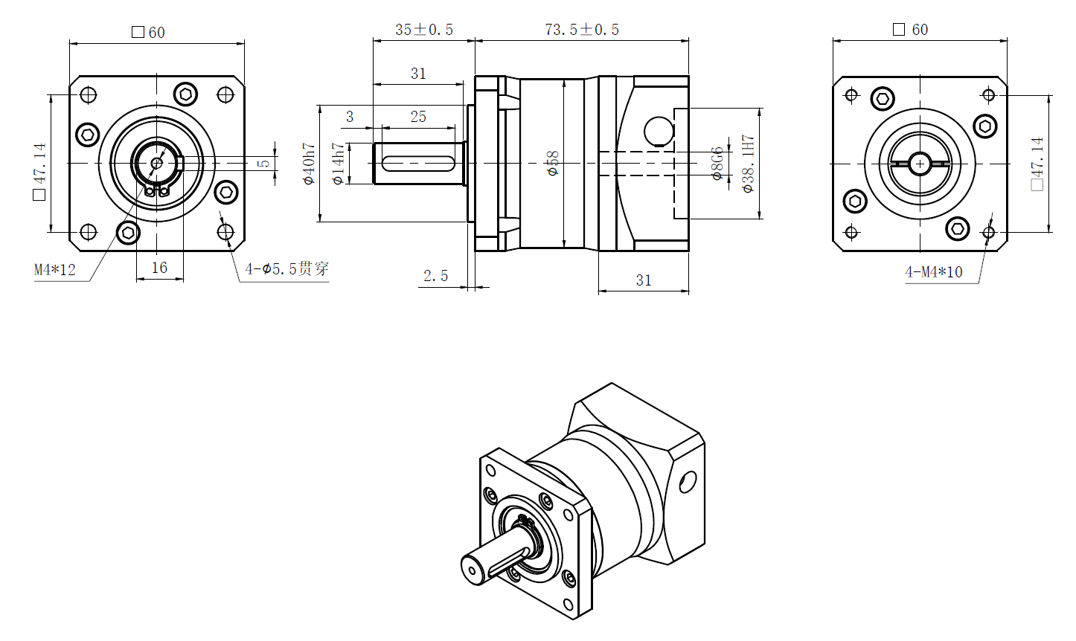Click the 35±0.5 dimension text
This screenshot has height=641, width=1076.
pos(423,30)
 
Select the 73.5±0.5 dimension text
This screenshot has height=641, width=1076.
pos(581,30)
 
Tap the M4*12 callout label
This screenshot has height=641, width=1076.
pos(55,270)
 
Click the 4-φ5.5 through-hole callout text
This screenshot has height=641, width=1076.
pos(287,269)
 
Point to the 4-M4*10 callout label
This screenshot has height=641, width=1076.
pos(933,272)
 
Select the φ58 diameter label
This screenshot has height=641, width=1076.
pos(552,164)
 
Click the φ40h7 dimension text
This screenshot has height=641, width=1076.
pos(310,164)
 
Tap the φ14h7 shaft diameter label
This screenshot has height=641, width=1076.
pos(339,164)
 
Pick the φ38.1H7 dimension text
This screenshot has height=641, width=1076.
pos(749,164)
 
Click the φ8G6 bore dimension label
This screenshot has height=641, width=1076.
pos(717,164)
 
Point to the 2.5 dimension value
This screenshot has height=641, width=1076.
pos(436,277)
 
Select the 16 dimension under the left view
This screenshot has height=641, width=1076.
pos(159,268)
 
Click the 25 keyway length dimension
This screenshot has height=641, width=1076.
pos(418,117)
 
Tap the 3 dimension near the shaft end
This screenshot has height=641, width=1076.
pos(350,117)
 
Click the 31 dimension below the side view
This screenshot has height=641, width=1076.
pos(644,280)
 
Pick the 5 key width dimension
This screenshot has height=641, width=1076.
pos(264,163)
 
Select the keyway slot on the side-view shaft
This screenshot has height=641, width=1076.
pos(418,163)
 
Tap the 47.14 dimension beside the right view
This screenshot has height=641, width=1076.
pos(1037,164)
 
